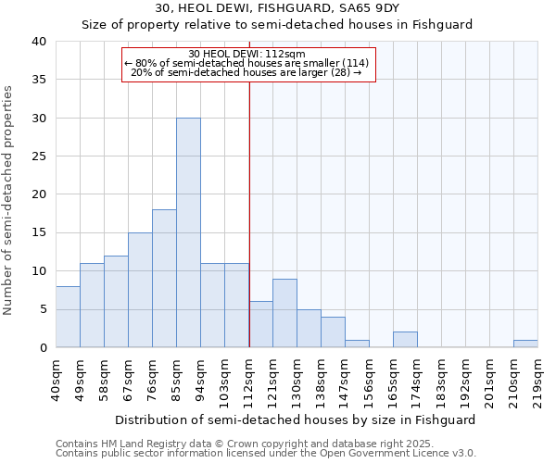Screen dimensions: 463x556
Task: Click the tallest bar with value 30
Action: coord(188,232)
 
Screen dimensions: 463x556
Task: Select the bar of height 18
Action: coord(164,278)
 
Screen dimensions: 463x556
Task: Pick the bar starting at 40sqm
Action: coord(68,317)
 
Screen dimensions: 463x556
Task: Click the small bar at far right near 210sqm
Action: coord(525,344)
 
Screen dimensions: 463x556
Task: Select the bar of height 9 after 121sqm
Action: coord(284,313)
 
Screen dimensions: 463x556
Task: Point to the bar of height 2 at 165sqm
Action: coord(405,339)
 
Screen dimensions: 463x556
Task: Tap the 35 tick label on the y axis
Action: coord(39,80)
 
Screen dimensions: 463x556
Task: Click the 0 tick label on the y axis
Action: coord(43,347)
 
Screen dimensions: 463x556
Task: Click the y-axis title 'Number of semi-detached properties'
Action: coord(8,199)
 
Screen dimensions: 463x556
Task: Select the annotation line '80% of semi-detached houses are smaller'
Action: coord(246,63)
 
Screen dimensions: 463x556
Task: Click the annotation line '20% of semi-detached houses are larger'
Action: coord(246,72)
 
